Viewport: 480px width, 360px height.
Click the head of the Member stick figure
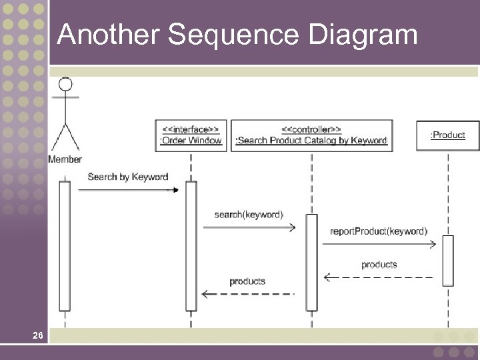point(65,85)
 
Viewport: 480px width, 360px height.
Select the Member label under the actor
point(65,159)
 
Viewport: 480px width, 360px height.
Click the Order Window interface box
point(191,135)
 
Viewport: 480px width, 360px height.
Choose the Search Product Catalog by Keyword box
point(311,135)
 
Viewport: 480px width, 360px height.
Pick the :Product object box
point(448,135)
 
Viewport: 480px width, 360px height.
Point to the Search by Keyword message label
point(127,177)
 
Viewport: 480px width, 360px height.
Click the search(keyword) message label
point(249,214)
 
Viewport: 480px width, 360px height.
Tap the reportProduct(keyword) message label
point(378,231)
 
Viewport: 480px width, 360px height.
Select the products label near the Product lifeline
point(379,265)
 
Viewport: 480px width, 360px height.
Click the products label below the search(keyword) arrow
point(247,281)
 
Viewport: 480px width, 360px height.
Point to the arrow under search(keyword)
point(249,227)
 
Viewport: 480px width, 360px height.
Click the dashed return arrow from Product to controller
point(379,277)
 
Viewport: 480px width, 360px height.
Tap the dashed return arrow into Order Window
point(248,293)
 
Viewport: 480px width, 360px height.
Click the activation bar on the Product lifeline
point(448,260)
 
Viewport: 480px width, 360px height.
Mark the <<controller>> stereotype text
point(311,129)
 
